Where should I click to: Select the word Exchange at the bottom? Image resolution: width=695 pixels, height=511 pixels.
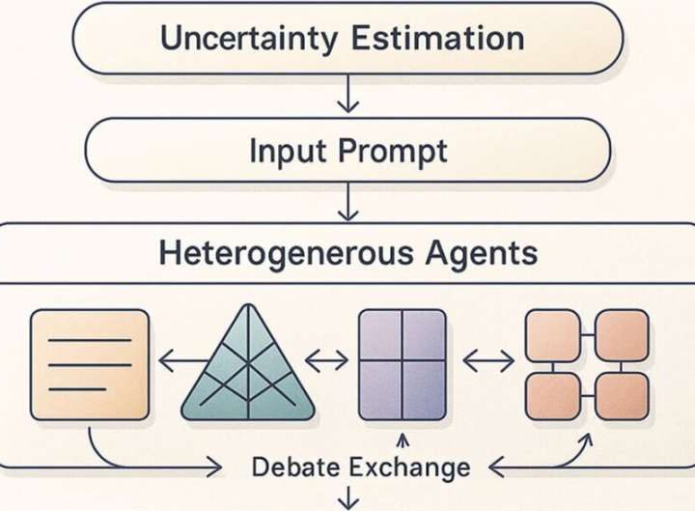tap(410, 468)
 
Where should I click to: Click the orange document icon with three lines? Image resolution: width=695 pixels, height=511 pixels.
tap(90, 364)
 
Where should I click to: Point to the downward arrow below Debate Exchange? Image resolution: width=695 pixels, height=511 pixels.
tap(347, 499)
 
